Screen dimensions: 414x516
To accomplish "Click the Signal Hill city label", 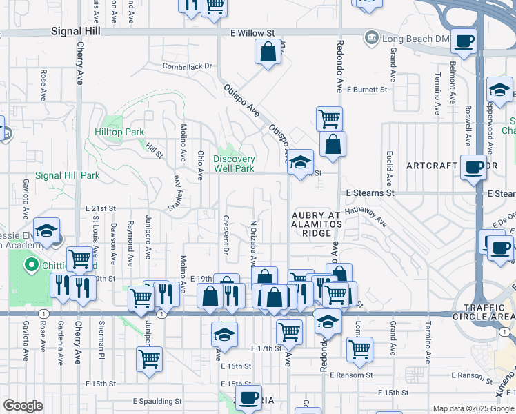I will coord(77,32).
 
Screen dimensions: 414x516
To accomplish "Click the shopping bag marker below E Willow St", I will coord(268,51).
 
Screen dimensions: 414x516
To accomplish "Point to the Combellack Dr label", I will coord(187,67).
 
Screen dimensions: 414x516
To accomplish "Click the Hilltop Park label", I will coord(119,132).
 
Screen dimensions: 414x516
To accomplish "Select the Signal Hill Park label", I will coord(68,175).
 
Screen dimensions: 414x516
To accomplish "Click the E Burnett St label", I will coord(366,90).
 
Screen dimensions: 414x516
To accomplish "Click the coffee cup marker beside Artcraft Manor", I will coord(474,168).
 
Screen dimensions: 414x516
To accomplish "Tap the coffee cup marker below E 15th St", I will coord(248,397).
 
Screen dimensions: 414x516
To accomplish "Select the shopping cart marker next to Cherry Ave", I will coord(81,259).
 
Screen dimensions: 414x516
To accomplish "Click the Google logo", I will coord(23,406).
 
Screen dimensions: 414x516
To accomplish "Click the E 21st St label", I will coord(101,208).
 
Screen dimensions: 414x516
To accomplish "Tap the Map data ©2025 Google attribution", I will coord(472,408).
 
